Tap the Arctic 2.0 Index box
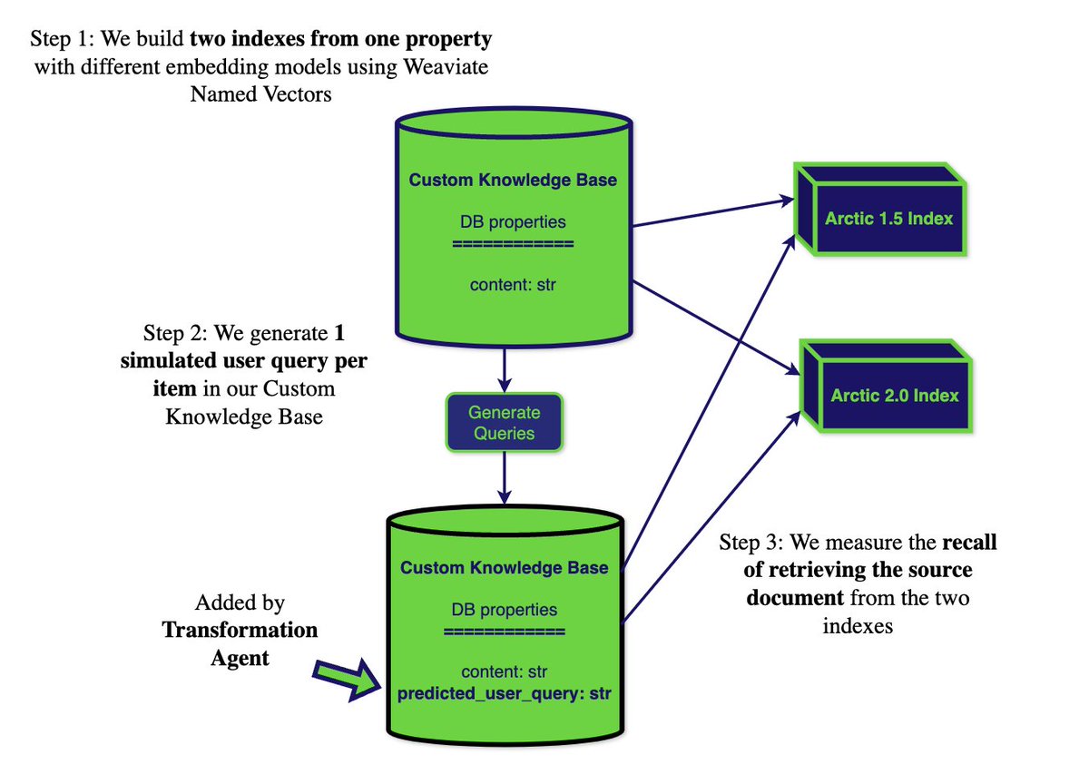894,396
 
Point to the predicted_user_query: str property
504,695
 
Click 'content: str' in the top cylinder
513,285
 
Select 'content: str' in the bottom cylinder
504,672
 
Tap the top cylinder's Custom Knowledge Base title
513,180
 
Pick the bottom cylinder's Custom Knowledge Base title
504,568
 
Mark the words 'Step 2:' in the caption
175,331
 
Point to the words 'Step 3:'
751,543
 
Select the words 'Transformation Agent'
240,643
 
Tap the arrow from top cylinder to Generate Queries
502,367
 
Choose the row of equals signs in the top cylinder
513,243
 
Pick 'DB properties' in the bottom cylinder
504,610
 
